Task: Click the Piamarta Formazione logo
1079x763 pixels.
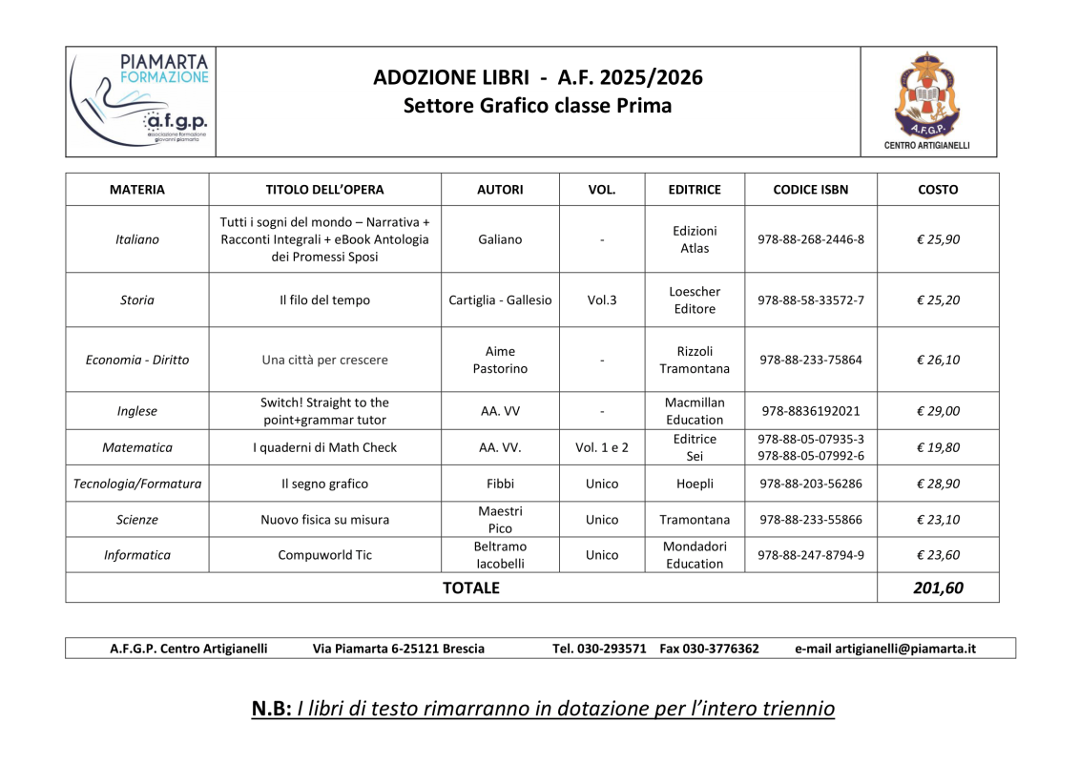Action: point(141,100)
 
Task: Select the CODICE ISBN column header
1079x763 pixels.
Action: point(810,190)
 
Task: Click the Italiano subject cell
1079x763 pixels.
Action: point(137,239)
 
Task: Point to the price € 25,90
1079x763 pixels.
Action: point(938,239)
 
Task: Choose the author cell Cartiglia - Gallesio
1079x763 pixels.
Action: point(500,300)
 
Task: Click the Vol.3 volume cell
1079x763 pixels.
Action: point(602,300)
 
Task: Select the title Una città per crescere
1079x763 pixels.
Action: point(324,361)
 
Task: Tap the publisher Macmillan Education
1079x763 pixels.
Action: point(695,411)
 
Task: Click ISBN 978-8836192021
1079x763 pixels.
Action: point(810,412)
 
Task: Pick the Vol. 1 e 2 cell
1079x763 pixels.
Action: point(602,447)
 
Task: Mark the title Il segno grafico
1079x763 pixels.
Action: point(324,484)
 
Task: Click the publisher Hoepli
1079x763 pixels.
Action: point(695,484)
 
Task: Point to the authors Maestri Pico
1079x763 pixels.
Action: point(500,520)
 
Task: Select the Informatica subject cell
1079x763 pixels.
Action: point(137,555)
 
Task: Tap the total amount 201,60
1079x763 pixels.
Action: point(938,588)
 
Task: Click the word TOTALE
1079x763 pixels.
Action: point(471,588)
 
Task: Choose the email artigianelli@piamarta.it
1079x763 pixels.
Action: point(904,649)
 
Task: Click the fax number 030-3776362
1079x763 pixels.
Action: point(726,649)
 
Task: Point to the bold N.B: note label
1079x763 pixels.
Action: point(271,709)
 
